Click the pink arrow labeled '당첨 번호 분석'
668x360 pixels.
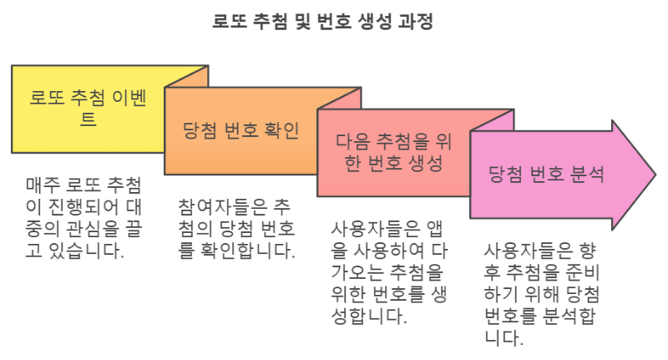(547, 175)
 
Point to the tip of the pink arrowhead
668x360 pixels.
(655, 175)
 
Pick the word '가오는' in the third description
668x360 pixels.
(354, 272)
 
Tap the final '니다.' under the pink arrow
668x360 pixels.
(504, 338)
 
